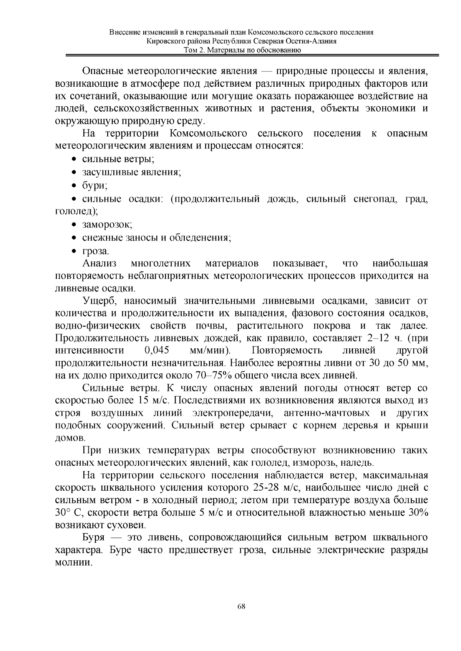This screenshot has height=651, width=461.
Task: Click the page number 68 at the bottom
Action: pos(241,607)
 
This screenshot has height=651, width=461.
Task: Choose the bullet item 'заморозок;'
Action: pos(107,225)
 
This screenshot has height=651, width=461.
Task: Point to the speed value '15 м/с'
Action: pos(152,401)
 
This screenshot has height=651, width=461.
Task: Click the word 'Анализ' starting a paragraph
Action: pos(99,264)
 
